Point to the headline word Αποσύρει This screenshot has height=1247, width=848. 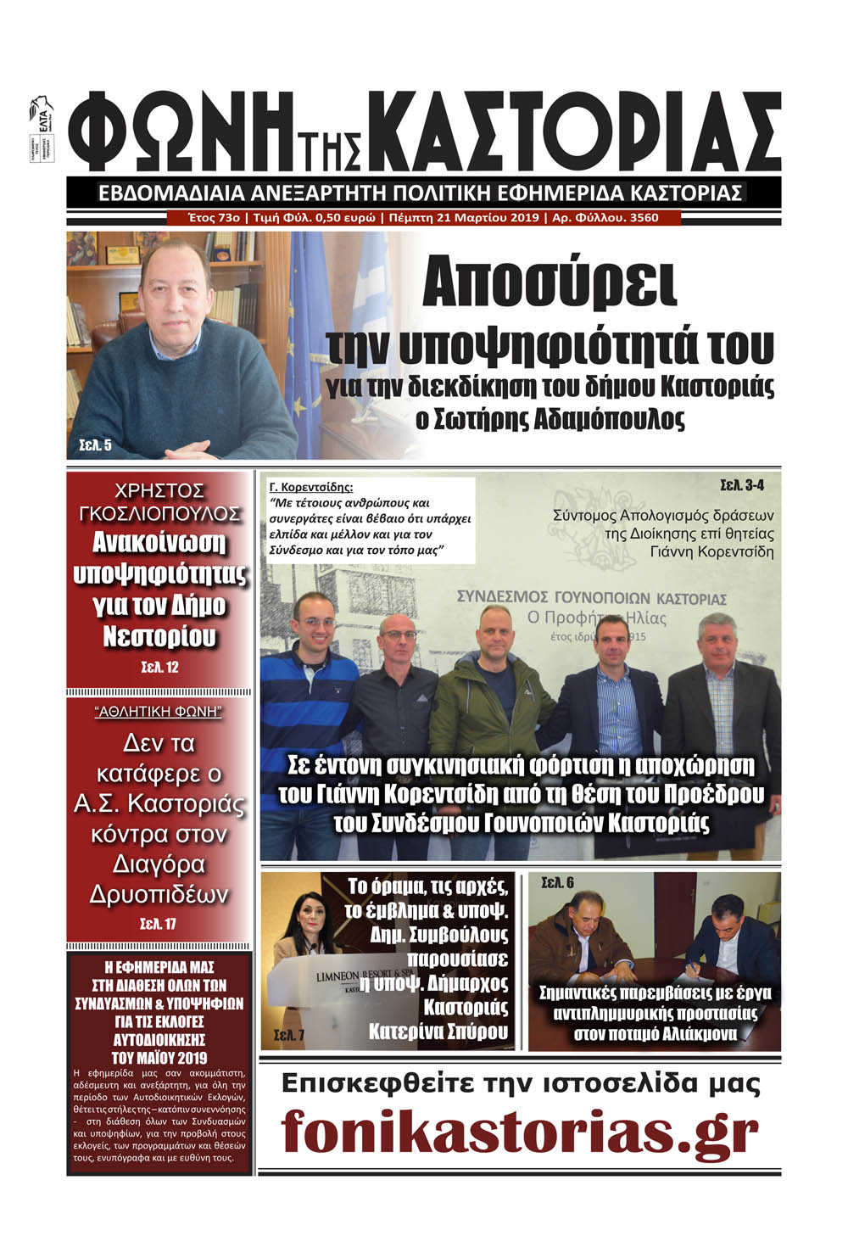coord(550,286)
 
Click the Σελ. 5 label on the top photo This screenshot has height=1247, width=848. coord(94,445)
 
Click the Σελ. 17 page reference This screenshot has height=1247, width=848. coord(159,924)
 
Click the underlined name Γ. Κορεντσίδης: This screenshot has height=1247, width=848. coord(310,488)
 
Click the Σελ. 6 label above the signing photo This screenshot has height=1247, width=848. coord(557,883)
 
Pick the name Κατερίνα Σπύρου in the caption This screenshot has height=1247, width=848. coord(438,1032)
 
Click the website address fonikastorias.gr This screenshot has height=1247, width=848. coord(520,1130)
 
